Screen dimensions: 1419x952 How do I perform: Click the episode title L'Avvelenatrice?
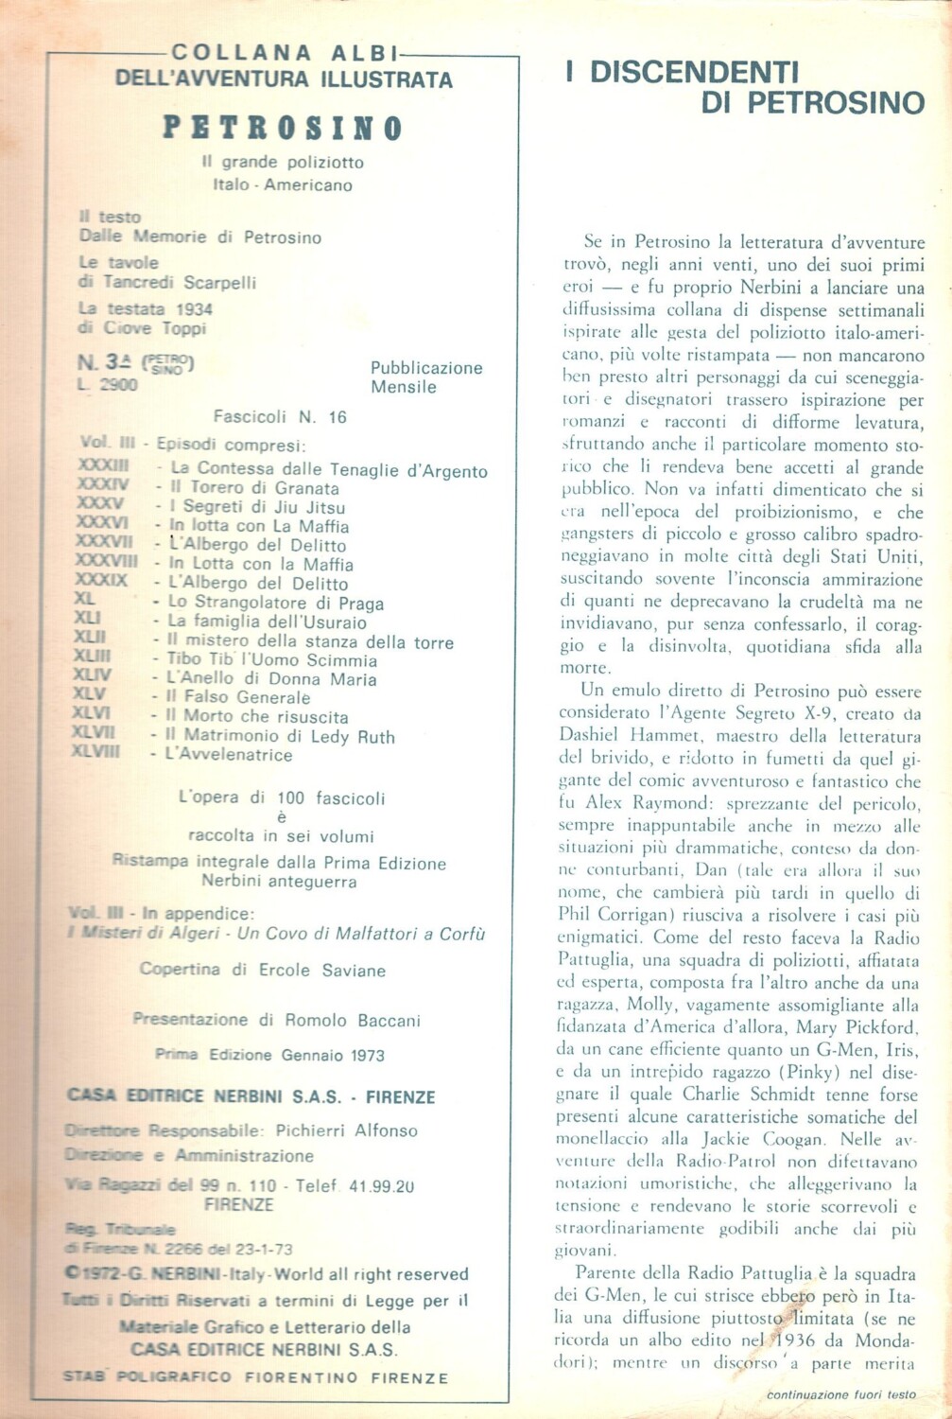228,755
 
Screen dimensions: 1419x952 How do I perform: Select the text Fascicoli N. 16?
280,417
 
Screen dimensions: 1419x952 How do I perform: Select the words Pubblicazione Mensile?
425,377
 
